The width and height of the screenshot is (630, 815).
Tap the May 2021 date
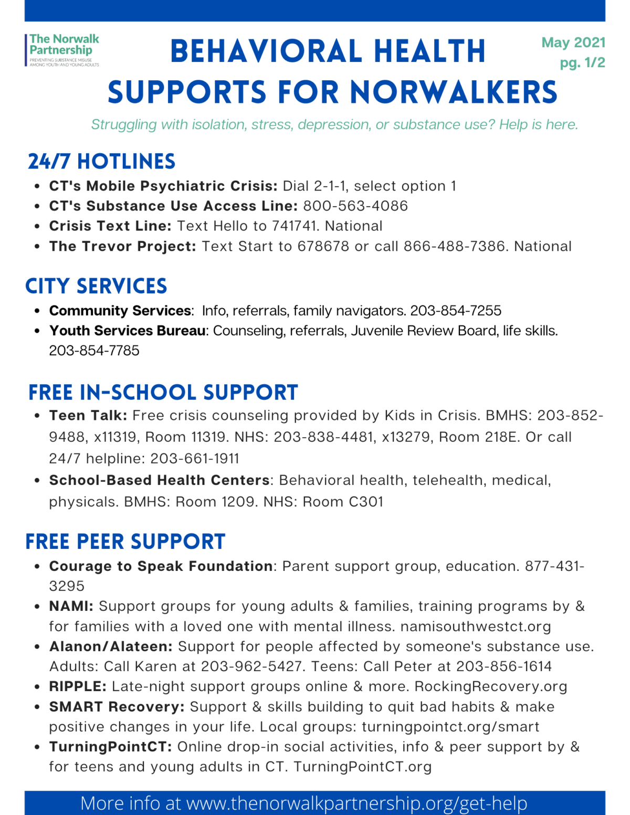573,43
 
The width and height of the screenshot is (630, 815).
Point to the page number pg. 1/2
582,63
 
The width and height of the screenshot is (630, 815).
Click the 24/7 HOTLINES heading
101,162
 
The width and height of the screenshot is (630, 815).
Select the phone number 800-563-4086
355,206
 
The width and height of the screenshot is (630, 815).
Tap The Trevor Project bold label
122,246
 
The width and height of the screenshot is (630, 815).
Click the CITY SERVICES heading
96,286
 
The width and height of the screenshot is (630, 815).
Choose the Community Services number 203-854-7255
456,311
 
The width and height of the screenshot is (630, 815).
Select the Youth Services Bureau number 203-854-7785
94,351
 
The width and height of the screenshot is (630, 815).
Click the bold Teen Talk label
88,416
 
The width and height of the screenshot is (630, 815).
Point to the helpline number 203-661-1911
195,459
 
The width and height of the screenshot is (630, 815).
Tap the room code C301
365,502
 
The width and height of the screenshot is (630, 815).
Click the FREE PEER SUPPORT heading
125,542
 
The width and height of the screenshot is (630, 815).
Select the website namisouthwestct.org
476,627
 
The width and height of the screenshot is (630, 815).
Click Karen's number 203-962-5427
252,666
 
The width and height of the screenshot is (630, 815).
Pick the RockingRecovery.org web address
491,686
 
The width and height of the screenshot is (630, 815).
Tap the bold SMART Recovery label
117,707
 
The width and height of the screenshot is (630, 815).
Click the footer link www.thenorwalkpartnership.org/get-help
357,803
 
